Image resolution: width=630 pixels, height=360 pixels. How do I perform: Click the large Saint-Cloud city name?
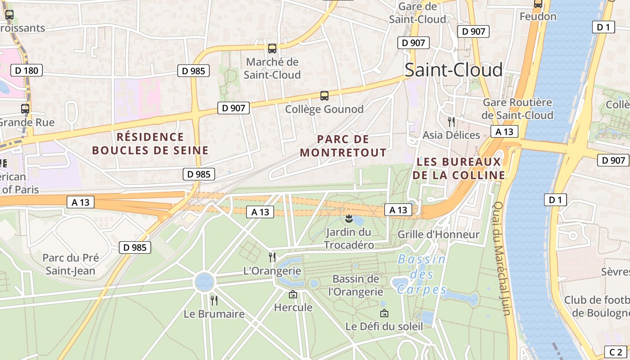pyautogui.click(x=453, y=70)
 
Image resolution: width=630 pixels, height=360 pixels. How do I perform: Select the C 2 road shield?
pyautogui.click(x=616, y=352)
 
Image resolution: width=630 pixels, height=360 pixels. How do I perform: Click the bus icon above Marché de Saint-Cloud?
pyautogui.click(x=272, y=48)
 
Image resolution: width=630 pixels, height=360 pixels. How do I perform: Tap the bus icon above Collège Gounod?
pyautogui.click(x=324, y=95)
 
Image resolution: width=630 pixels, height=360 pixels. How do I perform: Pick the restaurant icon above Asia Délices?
pyautogui.click(x=451, y=121)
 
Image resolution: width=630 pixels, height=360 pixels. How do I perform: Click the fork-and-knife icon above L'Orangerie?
pyautogui.click(x=272, y=257)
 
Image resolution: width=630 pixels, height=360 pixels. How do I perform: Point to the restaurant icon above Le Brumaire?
pyautogui.click(x=214, y=300)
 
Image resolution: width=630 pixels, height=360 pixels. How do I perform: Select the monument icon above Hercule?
pyautogui.click(x=293, y=294)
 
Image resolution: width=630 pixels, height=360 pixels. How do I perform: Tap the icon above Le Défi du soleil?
pyautogui.click(x=384, y=313)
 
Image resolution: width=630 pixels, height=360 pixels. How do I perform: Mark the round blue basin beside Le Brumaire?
pyautogui.click(x=204, y=282)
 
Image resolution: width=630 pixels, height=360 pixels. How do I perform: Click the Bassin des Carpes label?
pyautogui.click(x=422, y=274)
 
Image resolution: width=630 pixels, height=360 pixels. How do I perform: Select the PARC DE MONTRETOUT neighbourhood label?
pyautogui.click(x=343, y=146)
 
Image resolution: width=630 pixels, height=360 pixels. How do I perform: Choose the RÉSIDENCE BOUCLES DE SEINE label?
pyautogui.click(x=150, y=144)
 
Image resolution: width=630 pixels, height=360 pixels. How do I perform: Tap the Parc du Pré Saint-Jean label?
pyautogui.click(x=71, y=264)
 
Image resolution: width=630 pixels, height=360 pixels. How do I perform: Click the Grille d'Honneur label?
pyautogui.click(x=439, y=234)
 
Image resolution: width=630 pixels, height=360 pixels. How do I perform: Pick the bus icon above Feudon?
pyautogui.click(x=538, y=4)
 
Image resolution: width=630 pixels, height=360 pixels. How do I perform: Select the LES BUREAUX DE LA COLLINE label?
pyautogui.click(x=459, y=168)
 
